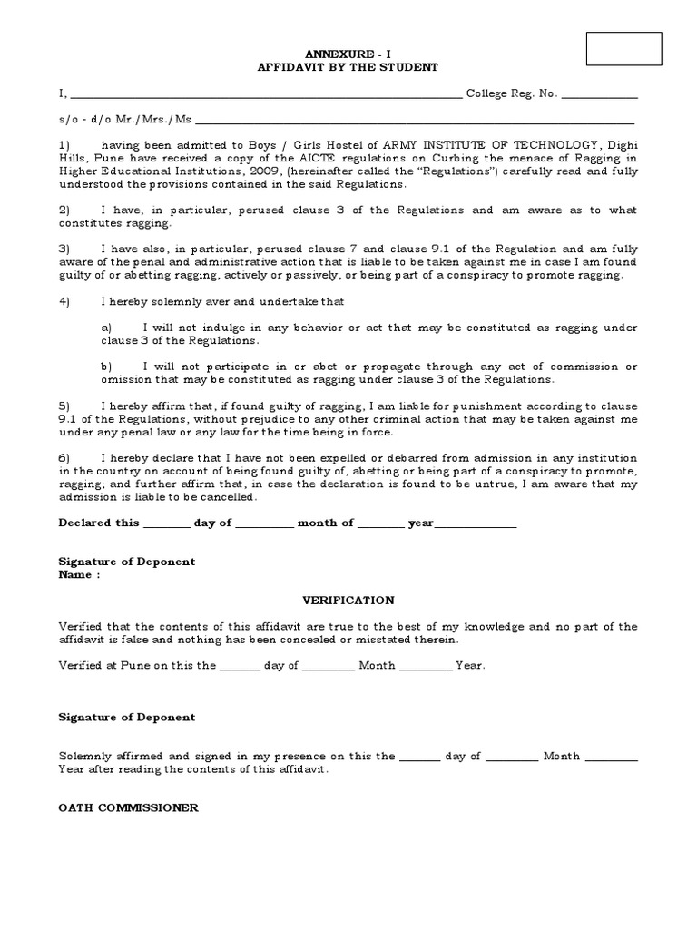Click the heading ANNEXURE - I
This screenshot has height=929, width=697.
(348, 54)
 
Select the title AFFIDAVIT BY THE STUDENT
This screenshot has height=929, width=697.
(348, 67)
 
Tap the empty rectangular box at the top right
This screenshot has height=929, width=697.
(624, 49)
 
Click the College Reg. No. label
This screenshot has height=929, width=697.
(512, 93)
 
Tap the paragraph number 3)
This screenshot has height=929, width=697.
(64, 249)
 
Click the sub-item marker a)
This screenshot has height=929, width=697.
(106, 328)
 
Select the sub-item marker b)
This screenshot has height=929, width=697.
(106, 367)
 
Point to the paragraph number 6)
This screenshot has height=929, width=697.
(64, 458)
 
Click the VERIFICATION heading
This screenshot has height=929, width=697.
(348, 601)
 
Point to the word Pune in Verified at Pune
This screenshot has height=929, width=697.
(142, 666)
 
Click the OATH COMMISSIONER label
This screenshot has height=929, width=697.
(129, 807)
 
